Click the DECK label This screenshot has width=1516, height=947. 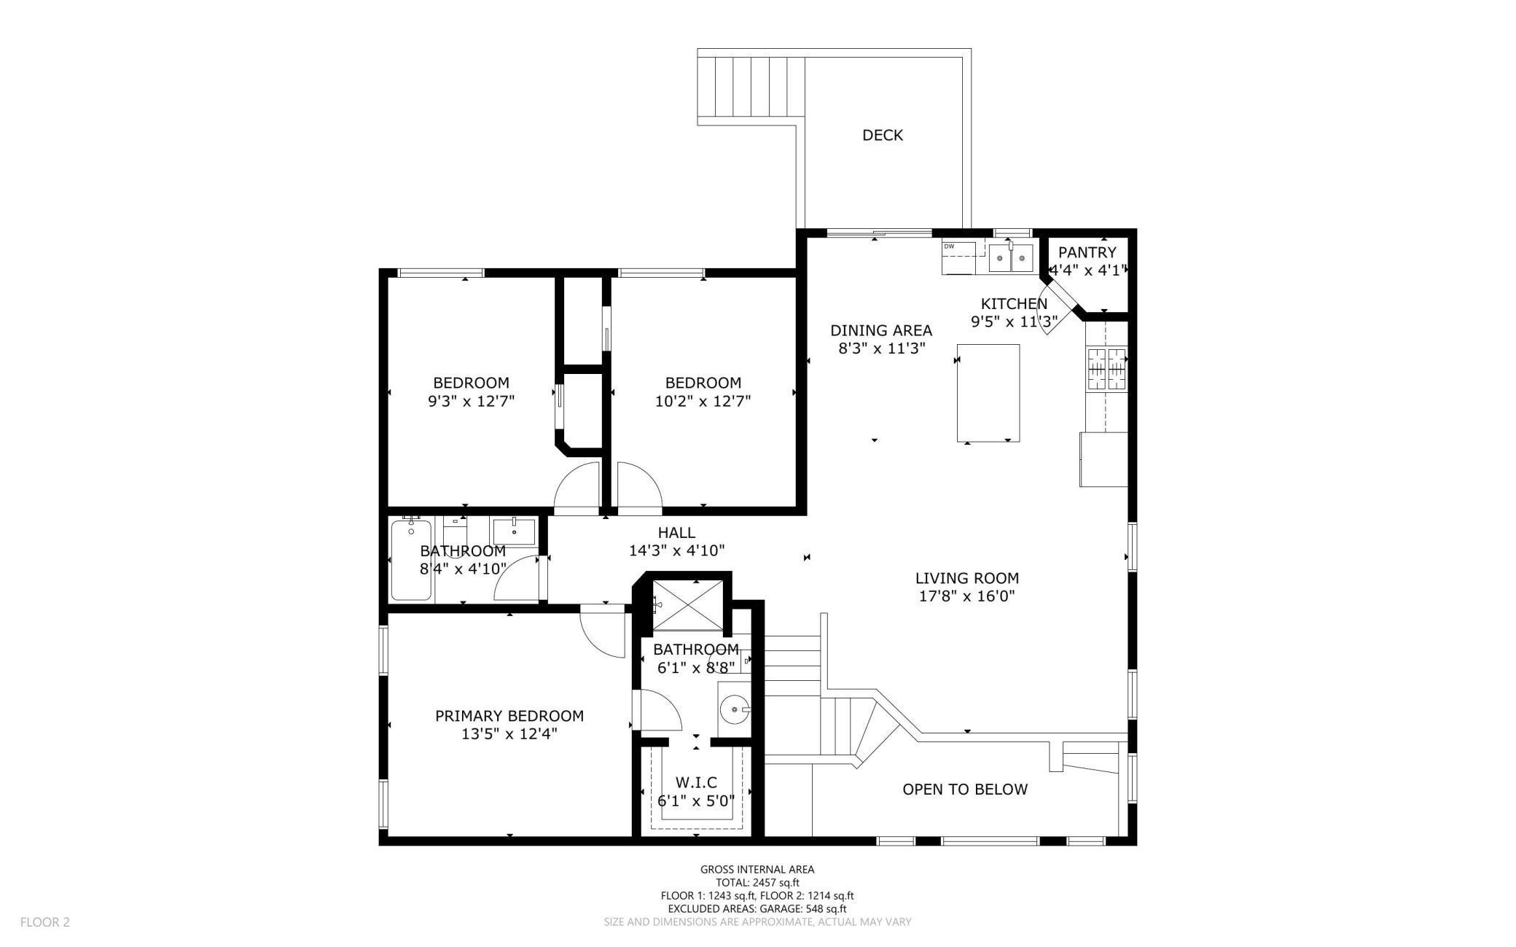(x=882, y=136)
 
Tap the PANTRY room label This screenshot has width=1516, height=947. (x=1087, y=253)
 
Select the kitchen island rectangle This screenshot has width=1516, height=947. (x=988, y=392)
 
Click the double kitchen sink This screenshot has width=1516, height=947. (x=1011, y=258)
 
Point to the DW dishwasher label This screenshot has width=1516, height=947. (x=949, y=246)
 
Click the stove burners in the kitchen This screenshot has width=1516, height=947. (x=1106, y=370)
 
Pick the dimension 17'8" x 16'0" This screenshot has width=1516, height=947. (x=966, y=596)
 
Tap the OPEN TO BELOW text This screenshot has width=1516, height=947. (x=964, y=789)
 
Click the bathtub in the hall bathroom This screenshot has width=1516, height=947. (x=411, y=559)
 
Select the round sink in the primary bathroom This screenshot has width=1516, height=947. (x=733, y=708)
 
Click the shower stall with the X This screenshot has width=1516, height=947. (x=687, y=604)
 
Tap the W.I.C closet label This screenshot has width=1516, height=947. (x=696, y=782)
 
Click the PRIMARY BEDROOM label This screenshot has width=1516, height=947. (x=509, y=716)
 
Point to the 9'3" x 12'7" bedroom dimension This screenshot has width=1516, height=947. (x=471, y=401)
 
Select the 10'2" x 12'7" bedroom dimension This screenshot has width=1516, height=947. (x=703, y=401)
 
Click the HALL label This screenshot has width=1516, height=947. (x=676, y=533)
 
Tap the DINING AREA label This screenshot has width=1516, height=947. (x=881, y=331)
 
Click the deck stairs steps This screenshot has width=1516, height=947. (x=751, y=87)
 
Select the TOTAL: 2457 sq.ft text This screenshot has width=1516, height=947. (x=757, y=882)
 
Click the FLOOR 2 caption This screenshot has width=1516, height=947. (x=44, y=922)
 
